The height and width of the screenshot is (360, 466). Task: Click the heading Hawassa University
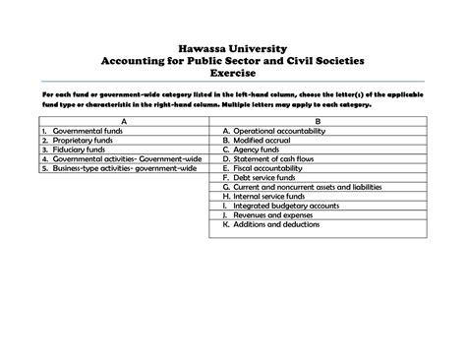click(x=232, y=45)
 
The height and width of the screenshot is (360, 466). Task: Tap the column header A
click(x=123, y=121)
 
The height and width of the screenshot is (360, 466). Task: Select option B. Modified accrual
click(x=262, y=141)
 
